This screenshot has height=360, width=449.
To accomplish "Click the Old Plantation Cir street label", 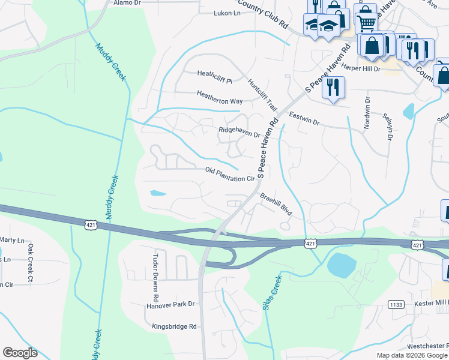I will tap(231, 175).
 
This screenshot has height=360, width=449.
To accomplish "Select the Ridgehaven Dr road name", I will tap(239, 132).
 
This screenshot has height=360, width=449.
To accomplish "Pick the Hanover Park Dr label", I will tap(171, 305).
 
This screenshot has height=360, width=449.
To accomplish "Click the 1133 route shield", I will tap(395, 304).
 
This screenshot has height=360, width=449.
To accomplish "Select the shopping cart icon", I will tap(366, 23).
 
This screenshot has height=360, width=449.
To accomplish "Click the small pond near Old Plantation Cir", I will tap(157, 193).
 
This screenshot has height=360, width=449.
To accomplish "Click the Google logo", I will tap(20, 353).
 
